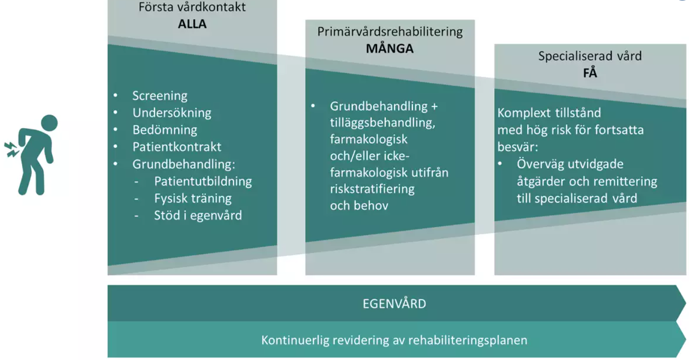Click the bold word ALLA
coord(192,24)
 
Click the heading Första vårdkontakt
coord(192,7)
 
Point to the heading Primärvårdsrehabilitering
coord(390,32)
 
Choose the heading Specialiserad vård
coord(590,56)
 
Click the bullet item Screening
coord(159,96)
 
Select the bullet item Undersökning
coord(172,113)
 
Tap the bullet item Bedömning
coord(164,130)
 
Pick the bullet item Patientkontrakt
coord(177,147)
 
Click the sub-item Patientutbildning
coord(203,181)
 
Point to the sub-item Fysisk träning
coord(193,198)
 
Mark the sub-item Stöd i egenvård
coord(198,215)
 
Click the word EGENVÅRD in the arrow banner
coord(394,304)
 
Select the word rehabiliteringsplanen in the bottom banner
coord(468,340)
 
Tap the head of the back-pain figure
coord(49,123)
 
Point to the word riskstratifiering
coord(372,189)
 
